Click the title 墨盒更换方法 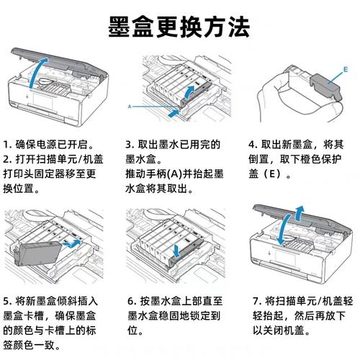180,27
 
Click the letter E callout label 345,70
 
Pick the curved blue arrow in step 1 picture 40,71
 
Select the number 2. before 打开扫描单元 8,159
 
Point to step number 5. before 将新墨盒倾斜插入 8,301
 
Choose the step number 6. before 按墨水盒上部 131,301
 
